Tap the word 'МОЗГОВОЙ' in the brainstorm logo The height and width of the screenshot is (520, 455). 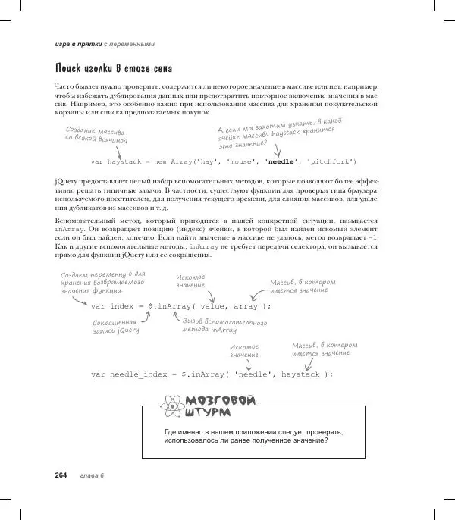tap(221, 402)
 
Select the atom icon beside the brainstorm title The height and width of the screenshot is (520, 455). tap(171, 407)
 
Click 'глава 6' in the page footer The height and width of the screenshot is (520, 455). tap(91, 475)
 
